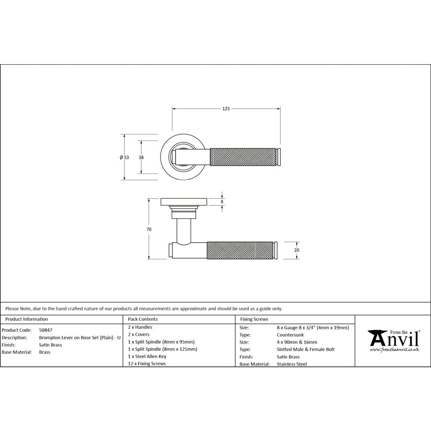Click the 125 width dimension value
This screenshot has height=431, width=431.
pyautogui.click(x=226, y=109)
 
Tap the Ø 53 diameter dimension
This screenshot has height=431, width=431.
pyautogui.click(x=124, y=157)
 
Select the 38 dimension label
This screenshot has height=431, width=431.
pyautogui.click(x=141, y=157)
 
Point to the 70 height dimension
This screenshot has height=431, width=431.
pyautogui.click(x=149, y=230)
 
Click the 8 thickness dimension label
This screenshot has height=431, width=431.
pyautogui.click(x=222, y=201)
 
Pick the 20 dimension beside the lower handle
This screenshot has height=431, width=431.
pyautogui.click(x=297, y=250)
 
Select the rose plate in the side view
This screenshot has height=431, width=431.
pyautogui.click(x=184, y=201)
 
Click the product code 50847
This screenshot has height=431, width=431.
pyautogui.click(x=46, y=330)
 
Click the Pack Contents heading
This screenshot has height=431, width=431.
pyautogui.click(x=143, y=319)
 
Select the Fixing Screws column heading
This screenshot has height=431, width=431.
pyautogui.click(x=254, y=319)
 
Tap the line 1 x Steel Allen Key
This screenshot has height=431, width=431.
pyautogui.click(x=147, y=356)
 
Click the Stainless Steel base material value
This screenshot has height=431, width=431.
pyautogui.click(x=292, y=364)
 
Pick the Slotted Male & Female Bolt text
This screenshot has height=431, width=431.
pyautogui.click(x=306, y=349)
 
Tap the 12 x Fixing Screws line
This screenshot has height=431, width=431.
pyautogui.click(x=147, y=364)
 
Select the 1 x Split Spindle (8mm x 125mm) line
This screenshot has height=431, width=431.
pyautogui.click(x=162, y=349)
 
